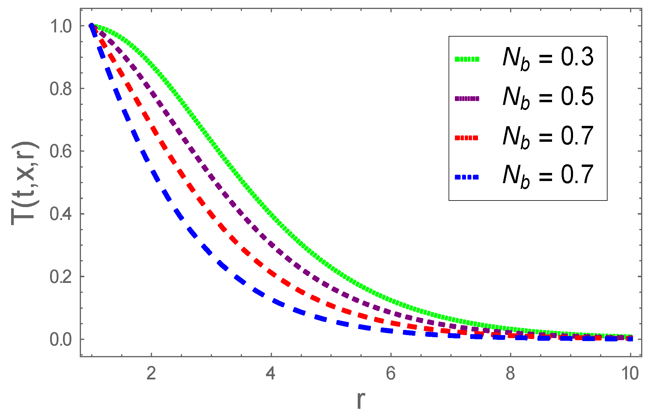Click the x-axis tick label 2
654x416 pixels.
[x=151, y=374]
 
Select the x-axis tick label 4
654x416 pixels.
[x=271, y=374]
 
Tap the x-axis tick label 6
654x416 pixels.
[x=391, y=374]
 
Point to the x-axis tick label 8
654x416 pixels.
[x=510, y=374]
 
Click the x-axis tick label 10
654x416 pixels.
[x=630, y=374]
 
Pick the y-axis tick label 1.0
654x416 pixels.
[x=61, y=26]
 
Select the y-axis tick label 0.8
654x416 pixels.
[x=61, y=89]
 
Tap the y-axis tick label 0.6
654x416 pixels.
[x=61, y=152]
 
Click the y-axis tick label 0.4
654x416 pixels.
[x=61, y=214]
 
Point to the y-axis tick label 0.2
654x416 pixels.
[x=61, y=277]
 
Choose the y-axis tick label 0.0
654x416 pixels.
[x=61, y=340]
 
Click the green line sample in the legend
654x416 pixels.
[x=467, y=59]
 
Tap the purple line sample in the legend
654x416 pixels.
[x=467, y=98]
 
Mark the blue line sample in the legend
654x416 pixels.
[x=467, y=177]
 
